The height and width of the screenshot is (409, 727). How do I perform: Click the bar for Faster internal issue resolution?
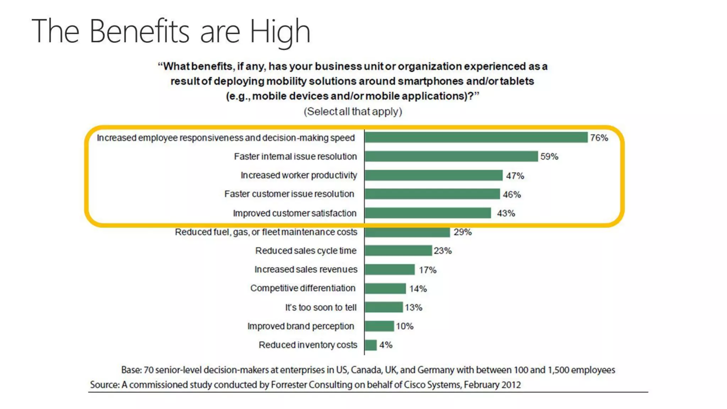pos(451,156)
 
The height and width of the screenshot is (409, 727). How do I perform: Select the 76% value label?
pos(599,138)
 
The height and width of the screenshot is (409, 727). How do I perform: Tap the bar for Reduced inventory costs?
pos(371,345)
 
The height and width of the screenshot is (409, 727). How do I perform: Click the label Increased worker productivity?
pos(299,175)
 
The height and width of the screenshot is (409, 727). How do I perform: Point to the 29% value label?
pos(463,232)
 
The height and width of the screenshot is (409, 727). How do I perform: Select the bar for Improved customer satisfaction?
pos(428,213)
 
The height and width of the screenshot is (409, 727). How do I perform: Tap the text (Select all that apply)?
pos(353,111)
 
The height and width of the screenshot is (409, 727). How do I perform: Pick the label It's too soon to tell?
pos(321,307)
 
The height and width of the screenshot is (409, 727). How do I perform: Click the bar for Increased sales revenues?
pos(390,269)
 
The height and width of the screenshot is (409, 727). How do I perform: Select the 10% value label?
pos(405,326)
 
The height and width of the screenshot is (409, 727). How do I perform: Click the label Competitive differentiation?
pos(302,288)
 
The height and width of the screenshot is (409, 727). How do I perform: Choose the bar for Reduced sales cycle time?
pos(398,251)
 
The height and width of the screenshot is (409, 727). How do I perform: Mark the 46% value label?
pos(512,195)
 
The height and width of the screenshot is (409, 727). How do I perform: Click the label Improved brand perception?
pos(300,326)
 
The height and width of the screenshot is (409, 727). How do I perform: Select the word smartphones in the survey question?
pos(430,81)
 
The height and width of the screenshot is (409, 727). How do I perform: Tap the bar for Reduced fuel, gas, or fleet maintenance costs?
pos(407,232)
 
